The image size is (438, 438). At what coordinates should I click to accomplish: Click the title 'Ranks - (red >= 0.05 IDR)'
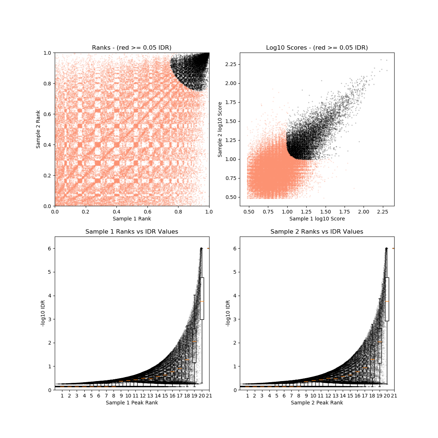point(132,48)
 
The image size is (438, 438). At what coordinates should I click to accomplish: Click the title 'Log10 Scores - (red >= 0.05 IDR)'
point(317,48)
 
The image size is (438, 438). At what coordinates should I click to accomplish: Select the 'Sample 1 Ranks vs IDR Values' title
point(132,232)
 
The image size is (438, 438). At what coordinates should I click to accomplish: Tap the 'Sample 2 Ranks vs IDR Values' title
point(317,232)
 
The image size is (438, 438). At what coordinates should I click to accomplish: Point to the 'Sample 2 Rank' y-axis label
point(38,129)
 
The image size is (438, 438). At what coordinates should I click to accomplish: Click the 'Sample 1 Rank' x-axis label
point(132,219)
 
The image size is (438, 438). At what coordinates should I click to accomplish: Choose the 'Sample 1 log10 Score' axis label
point(317,219)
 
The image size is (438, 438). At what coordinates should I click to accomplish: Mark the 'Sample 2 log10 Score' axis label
point(220,129)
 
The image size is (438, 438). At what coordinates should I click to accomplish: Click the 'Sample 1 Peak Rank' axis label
point(132,403)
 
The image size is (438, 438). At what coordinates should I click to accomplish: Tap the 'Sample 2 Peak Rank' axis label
point(317,403)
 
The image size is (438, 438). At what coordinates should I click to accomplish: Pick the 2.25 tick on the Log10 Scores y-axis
point(231,64)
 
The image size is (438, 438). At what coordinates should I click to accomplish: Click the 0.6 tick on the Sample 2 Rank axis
point(47,114)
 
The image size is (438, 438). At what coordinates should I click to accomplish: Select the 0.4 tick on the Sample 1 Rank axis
point(116,211)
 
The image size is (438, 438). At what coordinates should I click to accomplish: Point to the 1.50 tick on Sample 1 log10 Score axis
point(325,211)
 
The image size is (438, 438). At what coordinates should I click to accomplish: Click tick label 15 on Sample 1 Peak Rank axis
point(165,396)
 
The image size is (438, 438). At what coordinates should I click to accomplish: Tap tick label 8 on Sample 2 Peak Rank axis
point(299,396)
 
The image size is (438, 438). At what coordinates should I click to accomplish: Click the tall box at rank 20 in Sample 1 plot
point(201,299)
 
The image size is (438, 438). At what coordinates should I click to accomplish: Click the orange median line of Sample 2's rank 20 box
point(387,301)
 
